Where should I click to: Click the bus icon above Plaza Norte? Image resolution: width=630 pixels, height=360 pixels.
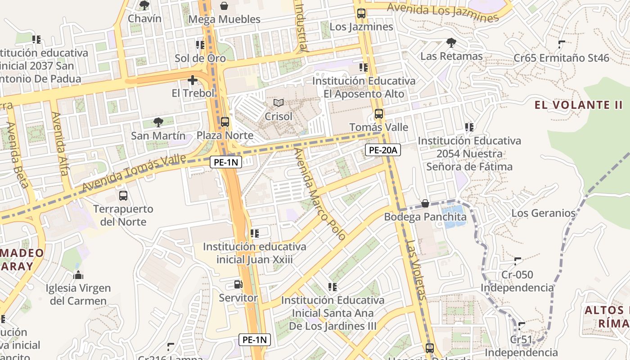(225, 122)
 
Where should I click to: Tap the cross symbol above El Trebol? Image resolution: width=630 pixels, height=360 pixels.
(193, 81)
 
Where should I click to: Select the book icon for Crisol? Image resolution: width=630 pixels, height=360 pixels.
(279, 103)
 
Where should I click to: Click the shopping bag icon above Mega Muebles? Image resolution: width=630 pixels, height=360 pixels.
(224, 6)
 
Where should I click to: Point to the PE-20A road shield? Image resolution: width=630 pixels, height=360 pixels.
(382, 150)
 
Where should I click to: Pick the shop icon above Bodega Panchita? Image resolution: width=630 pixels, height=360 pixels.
(425, 203)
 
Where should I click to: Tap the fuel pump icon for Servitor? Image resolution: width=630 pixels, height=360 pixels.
(238, 284)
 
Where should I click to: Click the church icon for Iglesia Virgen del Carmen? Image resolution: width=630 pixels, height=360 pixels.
(78, 274)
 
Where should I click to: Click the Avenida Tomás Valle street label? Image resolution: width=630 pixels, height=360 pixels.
(134, 174)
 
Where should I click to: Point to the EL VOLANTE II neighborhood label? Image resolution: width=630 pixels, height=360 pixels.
(578, 105)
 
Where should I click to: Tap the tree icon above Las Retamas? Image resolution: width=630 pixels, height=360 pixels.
(451, 43)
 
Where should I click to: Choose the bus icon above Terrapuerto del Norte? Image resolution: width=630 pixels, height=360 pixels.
(123, 196)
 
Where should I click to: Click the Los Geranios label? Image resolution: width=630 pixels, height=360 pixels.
(543, 213)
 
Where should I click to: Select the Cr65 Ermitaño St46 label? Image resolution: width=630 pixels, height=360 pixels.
(561, 58)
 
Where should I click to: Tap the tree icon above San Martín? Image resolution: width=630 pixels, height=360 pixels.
(157, 122)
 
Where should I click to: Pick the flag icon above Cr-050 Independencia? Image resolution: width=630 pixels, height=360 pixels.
(517, 261)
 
